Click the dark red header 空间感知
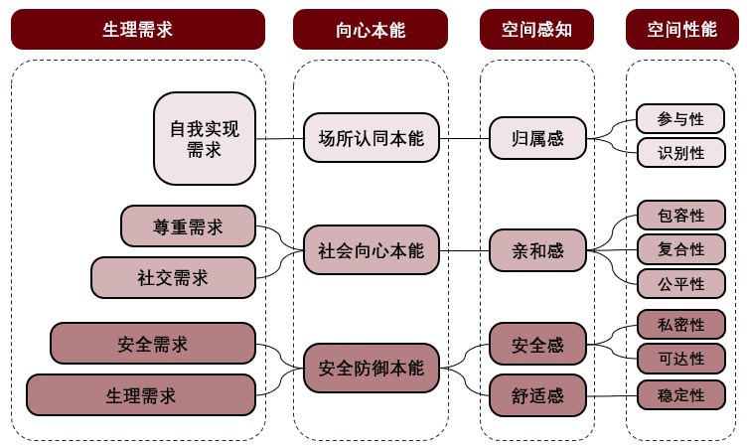(537, 30)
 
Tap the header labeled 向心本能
(371, 30)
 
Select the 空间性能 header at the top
(682, 30)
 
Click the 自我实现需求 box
(204, 139)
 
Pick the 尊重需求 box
(188, 226)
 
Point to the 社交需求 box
(173, 278)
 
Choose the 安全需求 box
(152, 344)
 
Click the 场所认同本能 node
(371, 138)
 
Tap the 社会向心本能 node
(371, 250)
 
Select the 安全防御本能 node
(371, 368)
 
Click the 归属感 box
(537, 138)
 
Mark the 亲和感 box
(537, 250)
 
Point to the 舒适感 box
(537, 395)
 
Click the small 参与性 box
(680, 119)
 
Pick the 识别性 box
(680, 153)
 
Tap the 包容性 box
(680, 216)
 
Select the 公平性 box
(680, 283)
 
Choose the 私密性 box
(680, 325)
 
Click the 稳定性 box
(680, 395)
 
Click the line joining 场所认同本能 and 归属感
(463, 138)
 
